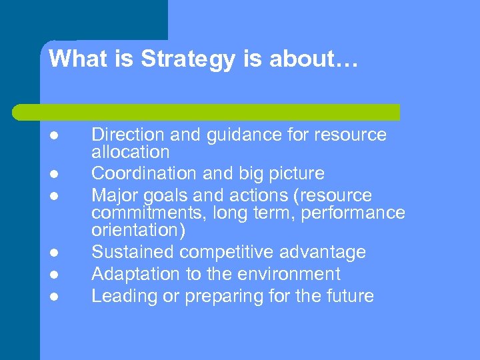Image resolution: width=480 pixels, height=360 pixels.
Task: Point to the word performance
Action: (354, 213)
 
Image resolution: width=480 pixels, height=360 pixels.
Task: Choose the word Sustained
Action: (133, 252)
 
